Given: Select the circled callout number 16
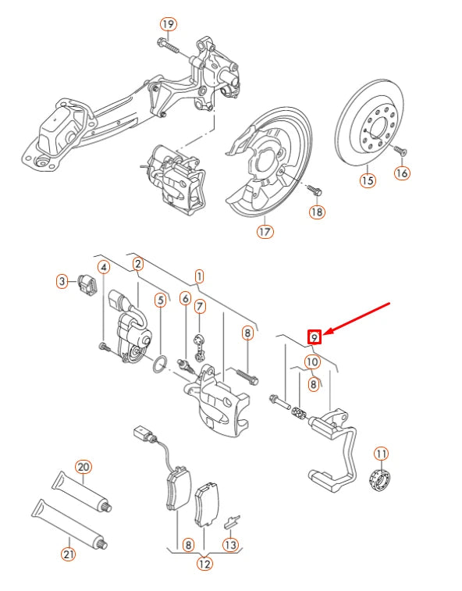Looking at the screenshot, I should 402,173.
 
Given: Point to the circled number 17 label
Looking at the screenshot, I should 265,231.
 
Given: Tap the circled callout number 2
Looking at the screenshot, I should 137,264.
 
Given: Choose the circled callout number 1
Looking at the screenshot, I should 199,276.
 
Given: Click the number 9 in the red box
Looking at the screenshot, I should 314,337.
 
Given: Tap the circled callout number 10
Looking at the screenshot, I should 311,361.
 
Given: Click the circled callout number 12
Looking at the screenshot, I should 204,564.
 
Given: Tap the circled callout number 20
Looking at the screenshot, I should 84,467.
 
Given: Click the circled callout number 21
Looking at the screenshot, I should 68,555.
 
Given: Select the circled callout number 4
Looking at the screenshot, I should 102,268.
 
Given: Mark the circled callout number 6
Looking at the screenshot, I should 185,297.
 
